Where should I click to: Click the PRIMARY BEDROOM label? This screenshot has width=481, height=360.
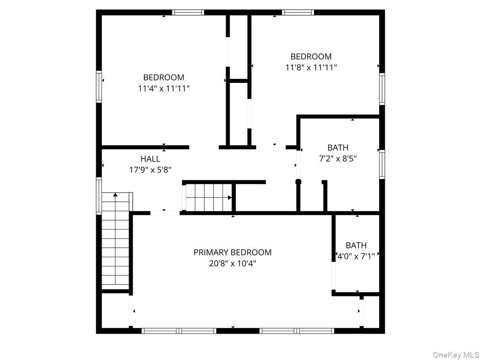[232, 252]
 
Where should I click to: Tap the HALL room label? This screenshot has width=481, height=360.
[150, 159]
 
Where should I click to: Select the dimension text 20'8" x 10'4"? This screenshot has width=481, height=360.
[232, 263]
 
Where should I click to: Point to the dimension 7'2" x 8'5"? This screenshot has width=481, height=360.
[338, 159]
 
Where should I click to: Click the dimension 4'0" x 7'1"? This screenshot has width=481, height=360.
[356, 256]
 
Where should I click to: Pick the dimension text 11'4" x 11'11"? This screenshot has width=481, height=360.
[164, 88]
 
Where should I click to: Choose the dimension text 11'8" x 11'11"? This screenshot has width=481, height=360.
[311, 68]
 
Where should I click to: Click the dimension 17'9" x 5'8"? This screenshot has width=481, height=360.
[150, 170]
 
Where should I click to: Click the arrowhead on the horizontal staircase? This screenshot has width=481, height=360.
[230, 197]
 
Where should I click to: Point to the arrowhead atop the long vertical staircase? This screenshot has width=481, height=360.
[115, 195]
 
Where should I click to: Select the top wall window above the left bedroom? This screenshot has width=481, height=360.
[188, 12]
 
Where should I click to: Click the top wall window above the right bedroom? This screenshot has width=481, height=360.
[298, 12]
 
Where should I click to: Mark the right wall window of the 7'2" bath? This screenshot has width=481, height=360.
[382, 165]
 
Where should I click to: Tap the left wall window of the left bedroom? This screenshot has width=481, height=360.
[99, 86]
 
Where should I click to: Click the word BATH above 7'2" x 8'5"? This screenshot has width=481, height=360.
[338, 148]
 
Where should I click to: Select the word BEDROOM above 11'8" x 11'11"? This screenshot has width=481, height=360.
[311, 57]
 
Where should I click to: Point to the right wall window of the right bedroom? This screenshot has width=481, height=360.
[382, 89]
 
